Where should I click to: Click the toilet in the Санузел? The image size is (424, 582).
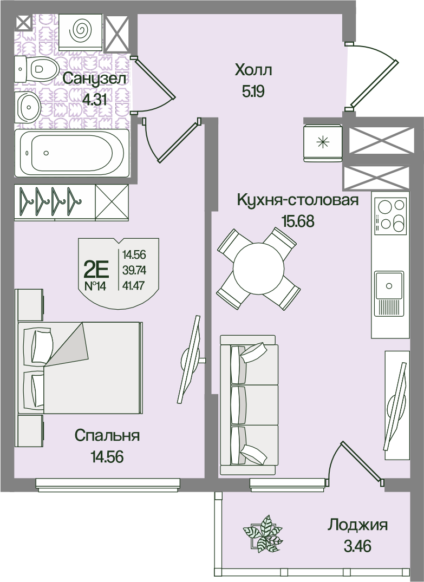pyautogui.click(x=37, y=69)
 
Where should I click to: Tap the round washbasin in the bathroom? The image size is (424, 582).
pyautogui.click(x=28, y=107)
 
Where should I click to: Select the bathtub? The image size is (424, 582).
pyautogui.click(x=72, y=153)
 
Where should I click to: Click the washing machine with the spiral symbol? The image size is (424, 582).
pyautogui.click(x=81, y=31)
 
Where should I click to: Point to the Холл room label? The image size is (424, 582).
pyautogui.click(x=253, y=70)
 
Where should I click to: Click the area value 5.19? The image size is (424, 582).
pyautogui.click(x=253, y=91)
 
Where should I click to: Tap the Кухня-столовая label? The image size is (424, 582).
pyautogui.click(x=298, y=200)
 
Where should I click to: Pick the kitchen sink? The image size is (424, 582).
pyautogui.click(x=389, y=293)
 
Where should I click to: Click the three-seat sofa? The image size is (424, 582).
pyautogui.click(x=249, y=405)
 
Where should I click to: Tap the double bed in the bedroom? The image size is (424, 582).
pyautogui.click(x=80, y=368)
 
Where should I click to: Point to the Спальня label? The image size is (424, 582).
pyautogui.click(x=107, y=435)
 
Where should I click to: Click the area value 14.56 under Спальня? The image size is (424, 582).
pyautogui.click(x=107, y=457)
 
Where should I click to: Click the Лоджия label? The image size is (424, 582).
pyautogui.click(x=358, y=525)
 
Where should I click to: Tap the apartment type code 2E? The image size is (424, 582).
pyautogui.click(x=96, y=269)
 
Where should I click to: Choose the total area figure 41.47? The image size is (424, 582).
pyautogui.click(x=134, y=286)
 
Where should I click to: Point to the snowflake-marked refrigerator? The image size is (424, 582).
pyautogui.click(x=323, y=143)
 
